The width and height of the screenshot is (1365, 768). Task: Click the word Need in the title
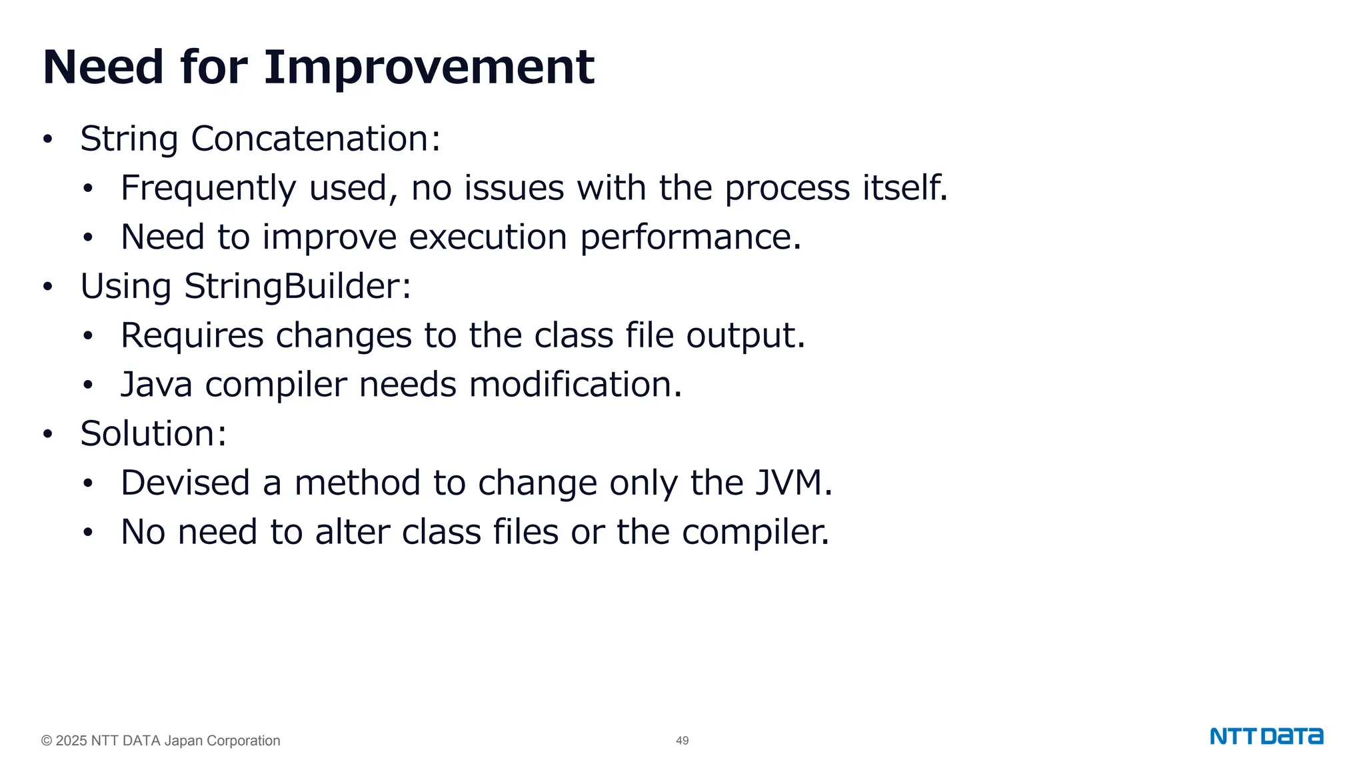pyautogui.click(x=103, y=67)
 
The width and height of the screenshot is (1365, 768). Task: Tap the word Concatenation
pyautogui.click(x=315, y=139)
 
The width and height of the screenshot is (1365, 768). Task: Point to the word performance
pyautogui.click(x=690, y=237)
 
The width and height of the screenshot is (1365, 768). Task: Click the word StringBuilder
pyautogui.click(x=297, y=287)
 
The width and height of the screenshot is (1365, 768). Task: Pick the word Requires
pyautogui.click(x=192, y=335)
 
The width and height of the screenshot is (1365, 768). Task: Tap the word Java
pyautogui.click(x=157, y=385)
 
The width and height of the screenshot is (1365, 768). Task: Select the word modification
pyautogui.click(x=575, y=385)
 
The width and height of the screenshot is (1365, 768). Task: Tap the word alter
pyautogui.click(x=352, y=532)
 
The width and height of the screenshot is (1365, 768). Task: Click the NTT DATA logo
pyautogui.click(x=1266, y=737)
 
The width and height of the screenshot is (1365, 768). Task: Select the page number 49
pyautogui.click(x=682, y=741)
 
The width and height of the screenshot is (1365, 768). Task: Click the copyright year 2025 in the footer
pyautogui.click(x=71, y=741)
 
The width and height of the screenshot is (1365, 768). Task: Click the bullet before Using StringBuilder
pyautogui.click(x=47, y=287)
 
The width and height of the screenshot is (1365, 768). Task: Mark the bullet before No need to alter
pyautogui.click(x=88, y=533)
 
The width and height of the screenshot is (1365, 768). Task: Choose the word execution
pyautogui.click(x=488, y=237)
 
